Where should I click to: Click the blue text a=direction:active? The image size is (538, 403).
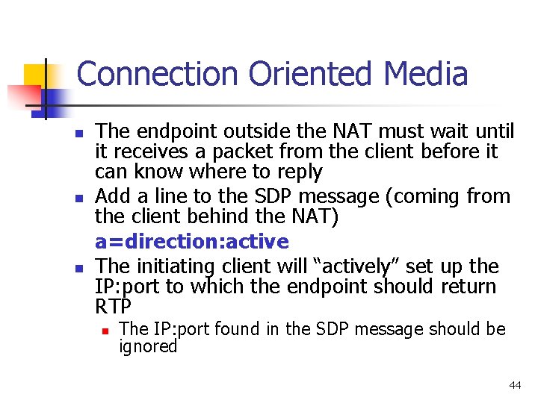point(191,242)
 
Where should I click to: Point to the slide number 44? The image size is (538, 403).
point(515,385)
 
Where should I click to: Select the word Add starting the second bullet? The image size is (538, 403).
point(114,197)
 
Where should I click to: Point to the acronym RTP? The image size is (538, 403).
point(114,307)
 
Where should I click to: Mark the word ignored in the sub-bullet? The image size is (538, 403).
point(148,347)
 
